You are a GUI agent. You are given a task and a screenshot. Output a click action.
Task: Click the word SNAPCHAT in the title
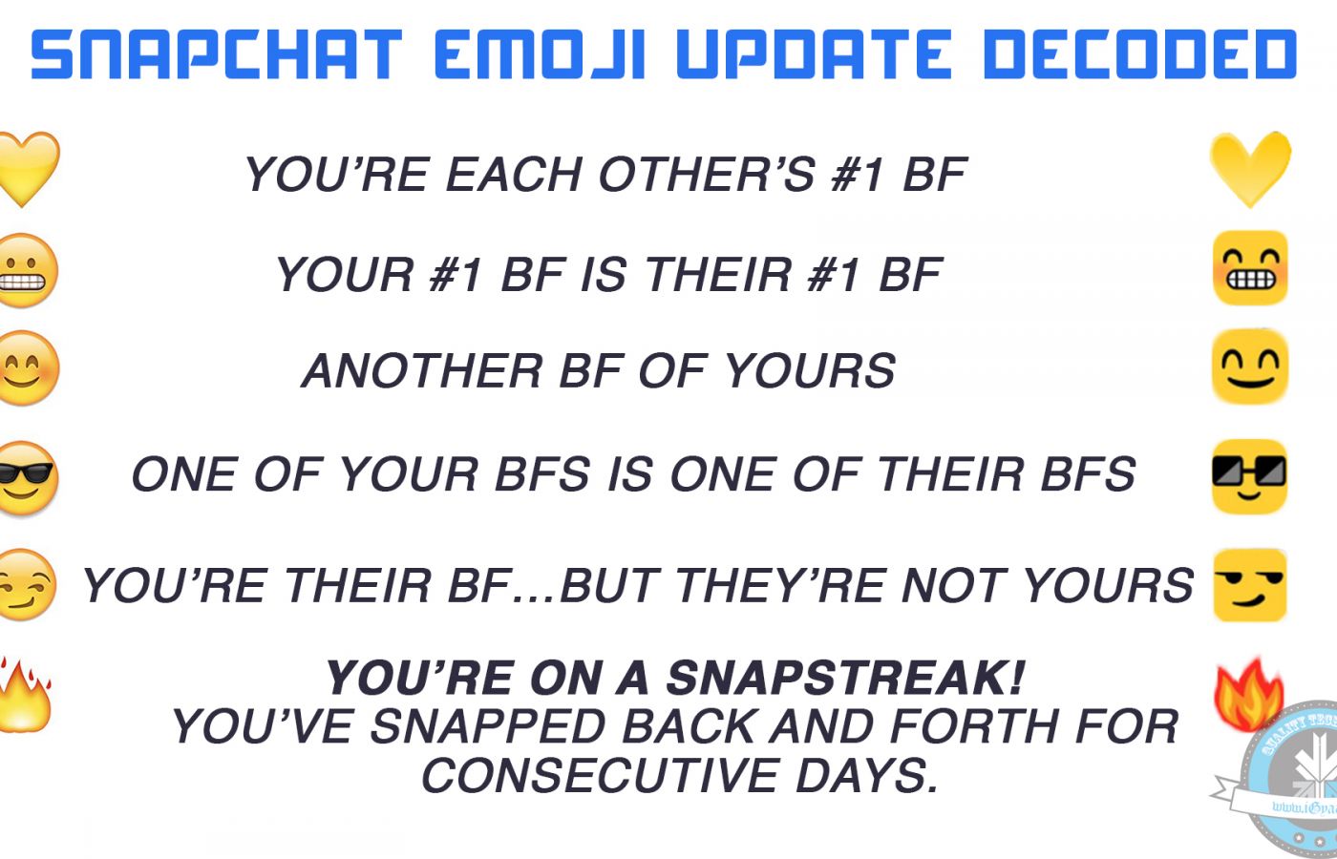coord(217,54)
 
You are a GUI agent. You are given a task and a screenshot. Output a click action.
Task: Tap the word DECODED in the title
coord(1140,54)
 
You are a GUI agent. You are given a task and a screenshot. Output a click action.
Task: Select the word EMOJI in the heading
coord(540,54)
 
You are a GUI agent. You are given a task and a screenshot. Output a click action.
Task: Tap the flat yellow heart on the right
coord(1250,170)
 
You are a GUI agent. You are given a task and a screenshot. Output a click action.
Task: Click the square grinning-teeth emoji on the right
coord(1250,268)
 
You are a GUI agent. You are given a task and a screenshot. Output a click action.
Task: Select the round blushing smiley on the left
coord(27,367)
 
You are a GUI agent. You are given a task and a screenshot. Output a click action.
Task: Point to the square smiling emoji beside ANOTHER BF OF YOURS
coord(1250,366)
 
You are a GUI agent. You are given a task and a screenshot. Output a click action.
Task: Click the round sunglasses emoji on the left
coord(27,478)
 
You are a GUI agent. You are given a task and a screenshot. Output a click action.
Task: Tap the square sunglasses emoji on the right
coord(1249,476)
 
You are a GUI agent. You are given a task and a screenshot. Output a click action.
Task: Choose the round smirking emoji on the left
coord(27,584)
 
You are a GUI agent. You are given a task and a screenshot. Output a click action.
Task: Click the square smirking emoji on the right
coord(1249,584)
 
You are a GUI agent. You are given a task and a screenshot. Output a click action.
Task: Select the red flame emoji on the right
coord(1249,695)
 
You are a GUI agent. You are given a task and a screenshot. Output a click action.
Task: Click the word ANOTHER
coord(422,370)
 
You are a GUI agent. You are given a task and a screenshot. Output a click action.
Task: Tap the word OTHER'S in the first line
coord(708,174)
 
